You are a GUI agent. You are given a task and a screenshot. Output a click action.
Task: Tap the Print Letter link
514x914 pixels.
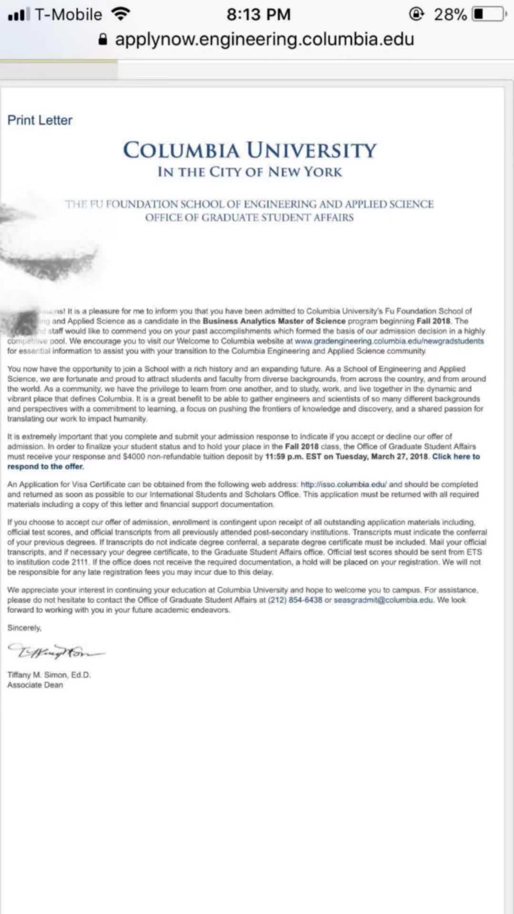tap(40, 120)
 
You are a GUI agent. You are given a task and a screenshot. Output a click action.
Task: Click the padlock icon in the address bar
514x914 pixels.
tap(103, 40)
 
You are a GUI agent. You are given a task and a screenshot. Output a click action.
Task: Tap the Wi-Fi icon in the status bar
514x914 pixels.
tap(121, 14)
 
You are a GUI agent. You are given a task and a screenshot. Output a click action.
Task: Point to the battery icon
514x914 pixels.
tap(489, 14)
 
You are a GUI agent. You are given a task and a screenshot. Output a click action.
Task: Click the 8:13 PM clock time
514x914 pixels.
tap(258, 14)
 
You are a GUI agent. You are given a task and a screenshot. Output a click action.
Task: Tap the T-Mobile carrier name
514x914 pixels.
tap(69, 14)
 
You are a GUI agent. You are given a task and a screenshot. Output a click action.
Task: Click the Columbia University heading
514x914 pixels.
tap(250, 150)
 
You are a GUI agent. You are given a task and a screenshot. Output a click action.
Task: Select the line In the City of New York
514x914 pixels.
tap(250, 172)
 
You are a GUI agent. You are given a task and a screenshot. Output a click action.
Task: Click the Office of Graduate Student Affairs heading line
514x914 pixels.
tap(250, 218)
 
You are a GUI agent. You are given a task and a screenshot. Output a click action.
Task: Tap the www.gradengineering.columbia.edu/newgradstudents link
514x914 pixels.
tap(389, 341)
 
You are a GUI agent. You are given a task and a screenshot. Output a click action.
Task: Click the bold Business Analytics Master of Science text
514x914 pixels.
tap(274, 321)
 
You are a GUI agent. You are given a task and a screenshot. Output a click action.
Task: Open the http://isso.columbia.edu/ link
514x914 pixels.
tap(344, 484)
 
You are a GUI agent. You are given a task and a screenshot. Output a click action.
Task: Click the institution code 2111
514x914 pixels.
tap(80, 562)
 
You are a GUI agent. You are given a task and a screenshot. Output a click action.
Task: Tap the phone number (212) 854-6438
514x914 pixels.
tap(295, 600)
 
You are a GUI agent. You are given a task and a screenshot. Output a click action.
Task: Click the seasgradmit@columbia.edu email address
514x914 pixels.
tap(384, 600)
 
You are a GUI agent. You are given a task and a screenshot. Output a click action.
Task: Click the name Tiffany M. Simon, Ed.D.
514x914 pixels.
tap(49, 675)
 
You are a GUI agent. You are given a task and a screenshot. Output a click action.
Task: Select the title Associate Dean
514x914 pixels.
tap(35, 685)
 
